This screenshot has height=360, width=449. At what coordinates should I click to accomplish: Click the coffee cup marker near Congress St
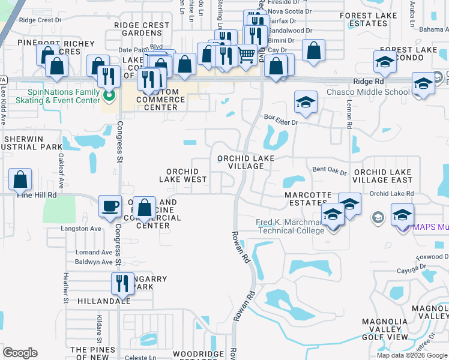(x=109, y=206)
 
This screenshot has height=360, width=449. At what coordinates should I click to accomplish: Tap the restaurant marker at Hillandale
(x=122, y=284)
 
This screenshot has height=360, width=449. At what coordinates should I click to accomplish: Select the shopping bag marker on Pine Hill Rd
(x=20, y=179)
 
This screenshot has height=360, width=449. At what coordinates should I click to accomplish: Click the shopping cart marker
(x=246, y=55)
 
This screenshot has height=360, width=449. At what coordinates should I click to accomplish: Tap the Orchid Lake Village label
(x=246, y=162)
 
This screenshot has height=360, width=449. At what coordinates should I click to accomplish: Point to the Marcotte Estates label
(x=308, y=199)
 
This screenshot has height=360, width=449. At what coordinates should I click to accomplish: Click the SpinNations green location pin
(x=109, y=95)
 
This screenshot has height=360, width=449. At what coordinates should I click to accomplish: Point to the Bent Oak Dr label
(x=330, y=171)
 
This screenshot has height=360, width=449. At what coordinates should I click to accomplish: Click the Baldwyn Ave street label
(x=94, y=262)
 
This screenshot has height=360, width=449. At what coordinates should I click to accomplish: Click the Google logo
(x=20, y=353)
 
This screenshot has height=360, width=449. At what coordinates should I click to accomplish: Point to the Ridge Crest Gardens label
(x=142, y=29)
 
